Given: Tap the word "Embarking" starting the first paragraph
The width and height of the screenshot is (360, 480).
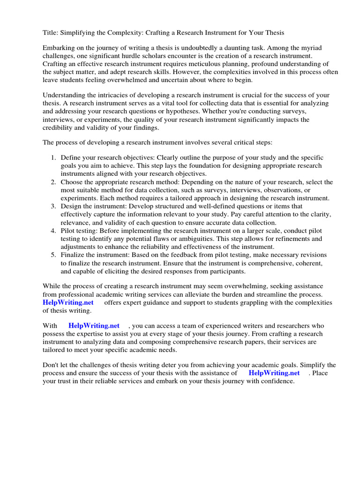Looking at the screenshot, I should (x=59, y=48).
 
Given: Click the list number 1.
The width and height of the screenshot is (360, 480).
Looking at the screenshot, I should (x=53, y=157).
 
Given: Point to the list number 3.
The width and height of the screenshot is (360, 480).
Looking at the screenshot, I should (x=53, y=206).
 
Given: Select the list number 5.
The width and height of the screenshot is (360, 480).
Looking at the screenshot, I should (x=53, y=255).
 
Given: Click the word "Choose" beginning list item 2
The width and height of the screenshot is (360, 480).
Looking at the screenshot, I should (x=72, y=182).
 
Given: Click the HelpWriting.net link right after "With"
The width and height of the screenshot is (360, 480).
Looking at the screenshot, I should (x=94, y=325).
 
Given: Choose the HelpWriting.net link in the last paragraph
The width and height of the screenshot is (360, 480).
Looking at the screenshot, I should (x=274, y=373).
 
